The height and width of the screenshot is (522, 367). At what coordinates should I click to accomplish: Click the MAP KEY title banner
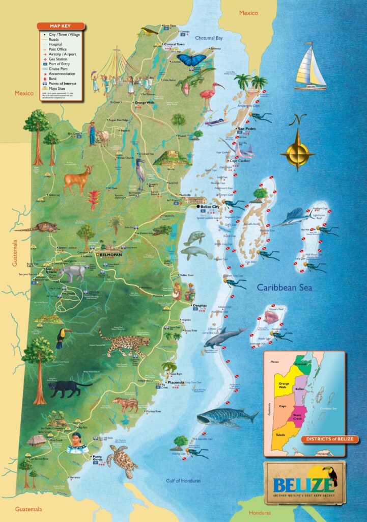pos(59,26)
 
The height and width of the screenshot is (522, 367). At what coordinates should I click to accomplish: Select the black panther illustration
pos(68,388)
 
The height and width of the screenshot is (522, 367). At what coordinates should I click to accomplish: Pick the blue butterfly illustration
pos(191,60)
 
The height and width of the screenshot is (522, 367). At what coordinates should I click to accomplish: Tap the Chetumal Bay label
pos(209,38)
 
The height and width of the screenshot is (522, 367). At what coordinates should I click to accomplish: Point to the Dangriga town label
pos(200,305)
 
